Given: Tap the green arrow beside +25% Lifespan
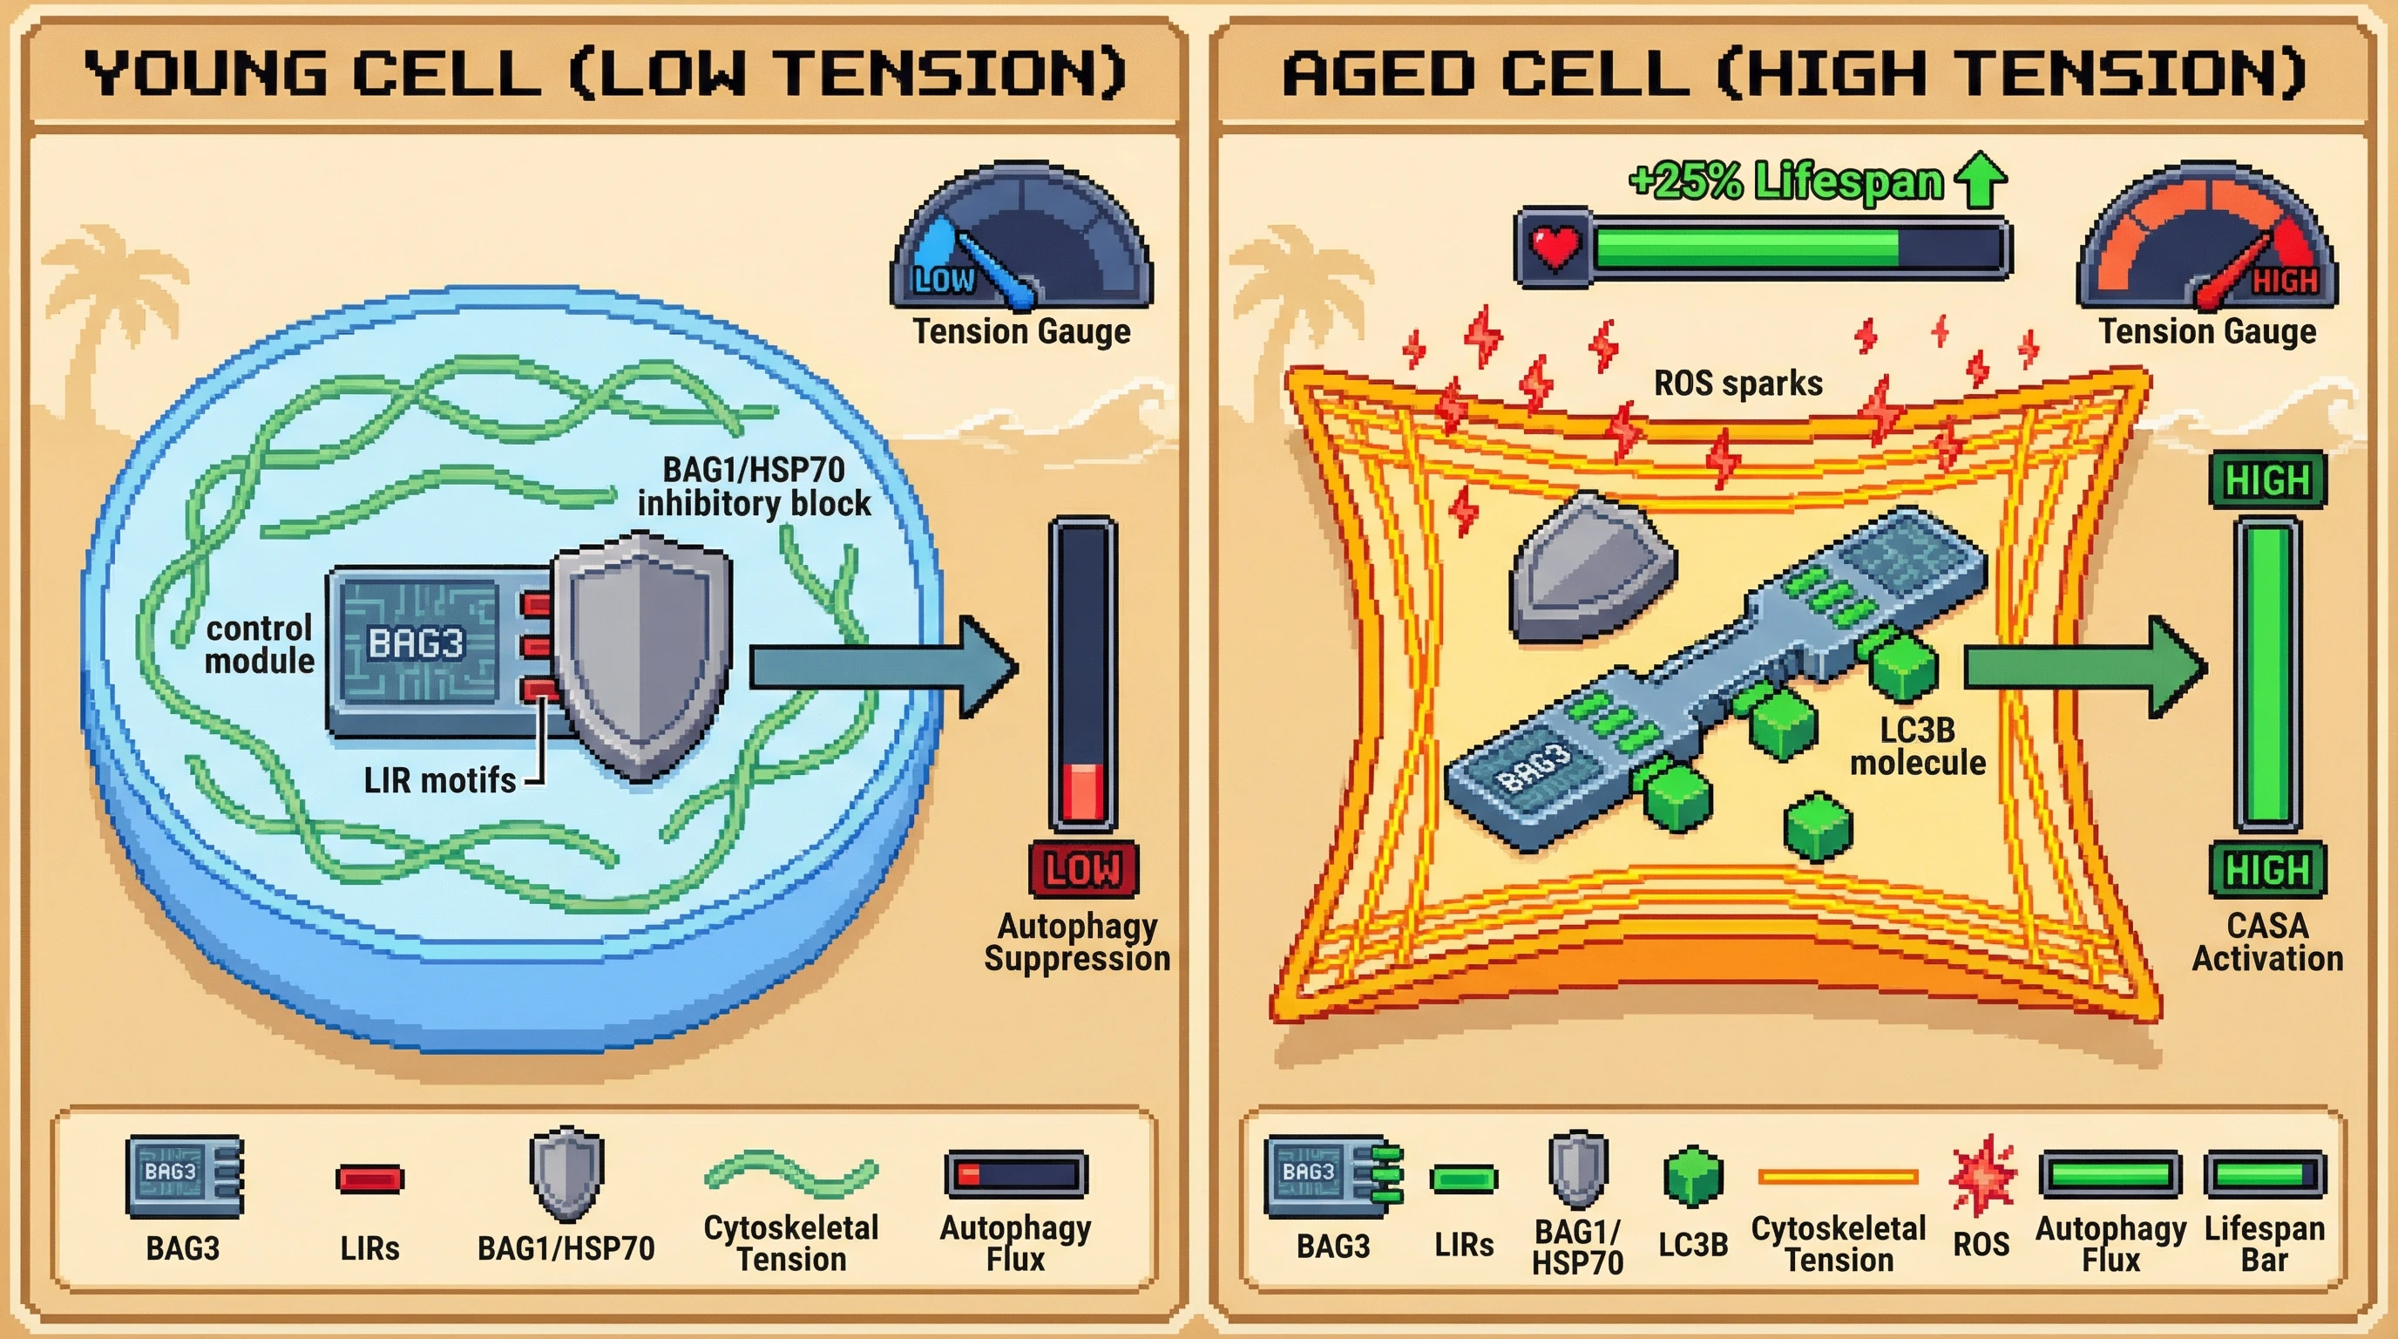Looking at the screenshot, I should [x=1980, y=179].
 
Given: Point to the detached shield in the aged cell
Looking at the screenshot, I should [x=1590, y=568].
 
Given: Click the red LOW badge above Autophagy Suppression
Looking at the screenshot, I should [x=1082, y=870].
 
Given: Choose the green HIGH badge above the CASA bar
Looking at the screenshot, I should [x=2266, y=480].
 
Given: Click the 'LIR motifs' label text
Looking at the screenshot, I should [x=439, y=780].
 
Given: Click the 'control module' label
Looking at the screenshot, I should [x=259, y=644].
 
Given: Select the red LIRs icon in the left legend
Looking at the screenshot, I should [x=369, y=1179].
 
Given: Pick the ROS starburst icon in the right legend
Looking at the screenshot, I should [x=1981, y=1175].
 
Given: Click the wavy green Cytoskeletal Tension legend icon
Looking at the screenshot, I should [x=791, y=1173].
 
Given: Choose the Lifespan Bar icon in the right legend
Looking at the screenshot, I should [x=2264, y=1174].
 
